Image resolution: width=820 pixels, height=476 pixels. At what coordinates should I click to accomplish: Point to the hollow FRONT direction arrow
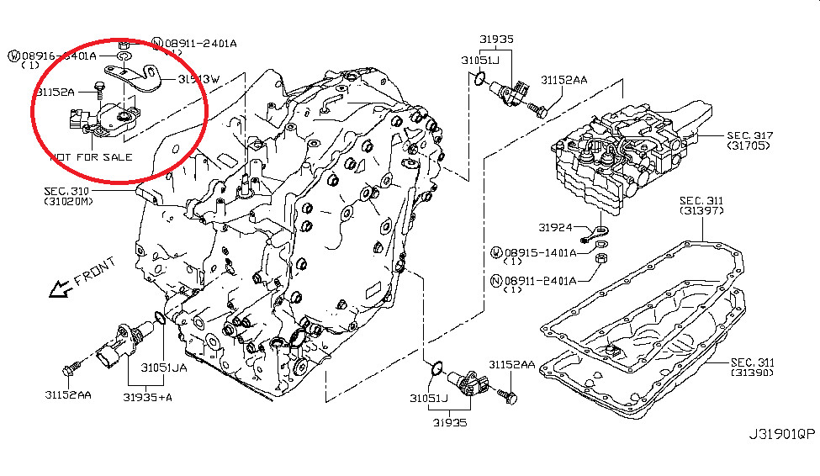point(59,289)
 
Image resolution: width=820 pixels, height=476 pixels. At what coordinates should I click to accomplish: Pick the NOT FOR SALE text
point(92,156)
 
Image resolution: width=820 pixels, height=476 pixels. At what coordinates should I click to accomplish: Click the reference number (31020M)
point(70,203)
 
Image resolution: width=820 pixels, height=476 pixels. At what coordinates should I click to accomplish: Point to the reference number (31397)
point(702,210)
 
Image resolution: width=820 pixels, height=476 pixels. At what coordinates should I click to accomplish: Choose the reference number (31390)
point(751,372)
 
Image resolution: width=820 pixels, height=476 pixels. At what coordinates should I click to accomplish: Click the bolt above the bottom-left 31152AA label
point(71,367)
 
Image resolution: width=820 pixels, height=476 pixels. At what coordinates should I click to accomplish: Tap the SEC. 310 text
point(66,192)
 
